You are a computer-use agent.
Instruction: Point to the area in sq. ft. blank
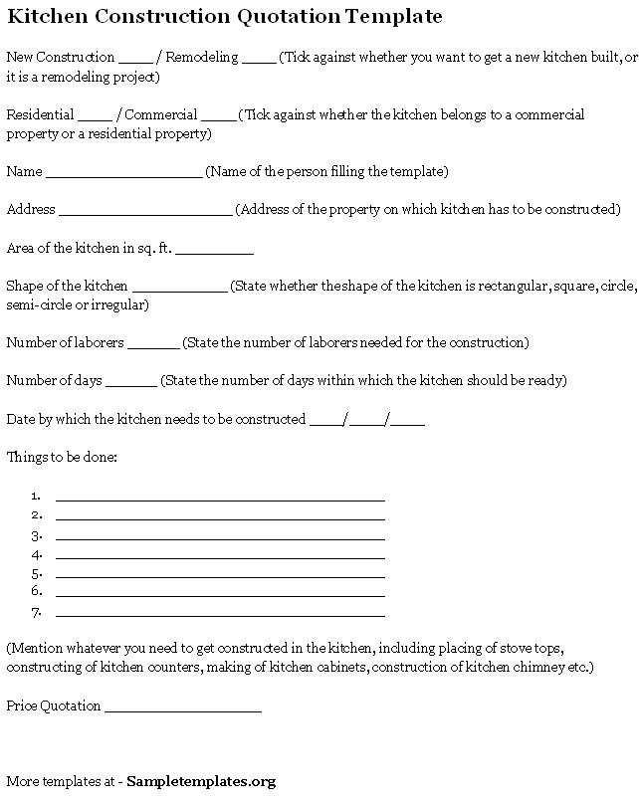[x=215, y=252]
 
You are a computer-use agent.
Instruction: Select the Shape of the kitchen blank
[x=179, y=290]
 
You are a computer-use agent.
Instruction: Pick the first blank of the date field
[x=325, y=423]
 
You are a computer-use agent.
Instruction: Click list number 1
[x=36, y=496]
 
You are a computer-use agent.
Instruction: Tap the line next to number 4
[x=220, y=558]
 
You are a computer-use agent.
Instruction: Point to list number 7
[x=36, y=611]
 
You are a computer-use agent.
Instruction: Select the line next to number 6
[x=220, y=596]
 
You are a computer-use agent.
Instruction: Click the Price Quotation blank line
[x=182, y=710]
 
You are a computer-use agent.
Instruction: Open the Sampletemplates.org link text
[x=201, y=782]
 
